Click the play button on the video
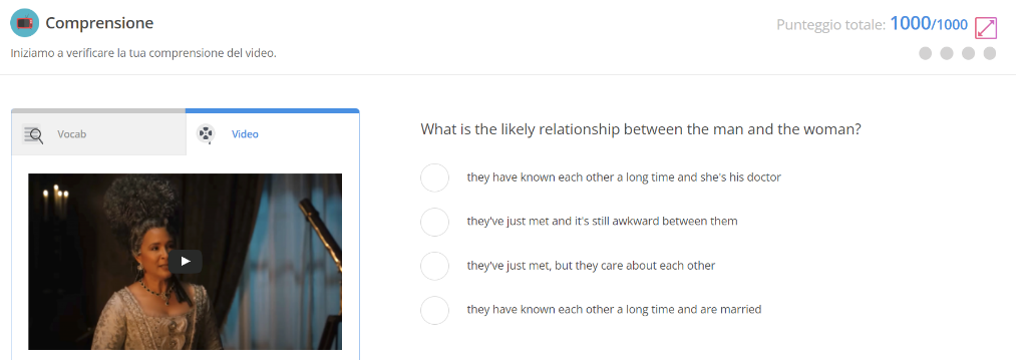pos(185,262)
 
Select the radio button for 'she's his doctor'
pos(435,177)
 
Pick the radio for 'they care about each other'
pos(435,265)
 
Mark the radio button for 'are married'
pos(435,309)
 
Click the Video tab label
pos(245,134)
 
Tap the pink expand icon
pos(986,28)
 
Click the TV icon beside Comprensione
pos(25,23)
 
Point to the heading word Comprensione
pos(99,23)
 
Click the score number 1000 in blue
pos(910,23)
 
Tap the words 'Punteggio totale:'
pos(831,25)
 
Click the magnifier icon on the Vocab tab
pos(32,134)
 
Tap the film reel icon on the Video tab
pos(205,134)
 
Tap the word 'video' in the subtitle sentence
pos(260,53)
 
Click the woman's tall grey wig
pos(144,201)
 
